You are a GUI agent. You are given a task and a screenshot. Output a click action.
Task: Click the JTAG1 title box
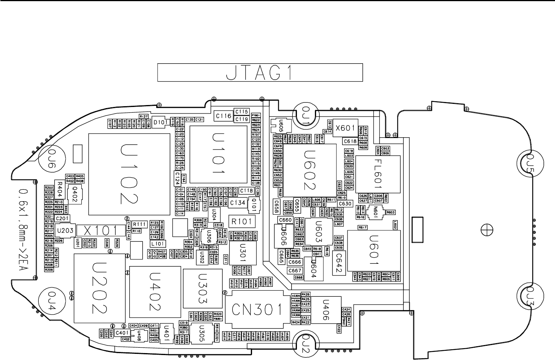click(x=260, y=73)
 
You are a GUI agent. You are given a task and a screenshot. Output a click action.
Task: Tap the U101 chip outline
click(x=218, y=155)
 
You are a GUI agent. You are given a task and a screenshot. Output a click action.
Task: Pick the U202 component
click(x=100, y=288)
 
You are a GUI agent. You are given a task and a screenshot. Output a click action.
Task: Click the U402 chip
click(x=155, y=291)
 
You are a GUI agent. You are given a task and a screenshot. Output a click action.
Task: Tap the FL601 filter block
click(x=378, y=174)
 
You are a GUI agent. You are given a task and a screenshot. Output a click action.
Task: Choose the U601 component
click(x=374, y=250)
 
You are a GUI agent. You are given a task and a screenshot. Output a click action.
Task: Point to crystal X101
click(x=96, y=230)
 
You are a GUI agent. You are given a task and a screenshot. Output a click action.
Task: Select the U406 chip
click(x=326, y=309)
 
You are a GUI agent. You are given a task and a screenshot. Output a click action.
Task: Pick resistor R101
click(x=241, y=221)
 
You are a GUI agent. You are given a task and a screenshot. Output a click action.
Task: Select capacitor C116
click(x=223, y=116)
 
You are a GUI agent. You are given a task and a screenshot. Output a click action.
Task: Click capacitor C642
click(x=339, y=263)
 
